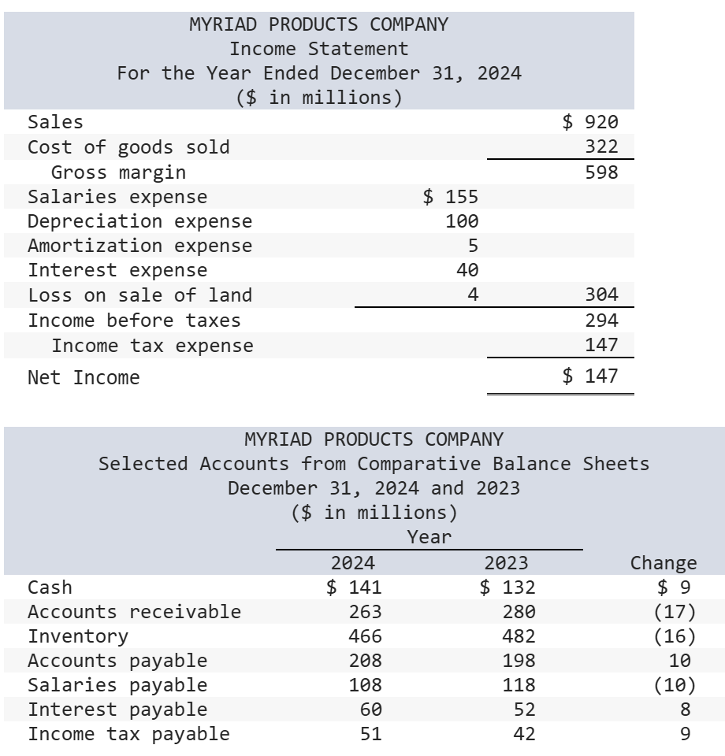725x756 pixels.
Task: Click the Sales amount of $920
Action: pyautogui.click(x=590, y=122)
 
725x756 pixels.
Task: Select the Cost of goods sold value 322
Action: pyautogui.click(x=601, y=147)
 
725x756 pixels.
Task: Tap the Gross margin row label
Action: pyautogui.click(x=118, y=172)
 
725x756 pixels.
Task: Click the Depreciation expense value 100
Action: pyautogui.click(x=462, y=221)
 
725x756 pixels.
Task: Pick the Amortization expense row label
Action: pyautogui.click(x=140, y=246)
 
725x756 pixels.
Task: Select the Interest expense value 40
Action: pyautogui.click(x=467, y=271)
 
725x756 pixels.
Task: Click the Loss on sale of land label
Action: pyautogui.click(x=140, y=295)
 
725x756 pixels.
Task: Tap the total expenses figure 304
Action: pyautogui.click(x=601, y=295)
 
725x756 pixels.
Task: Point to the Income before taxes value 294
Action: pyautogui.click(x=601, y=321)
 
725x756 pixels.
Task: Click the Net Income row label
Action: pyautogui.click(x=84, y=378)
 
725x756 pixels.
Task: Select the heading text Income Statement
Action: pyautogui.click(x=318, y=49)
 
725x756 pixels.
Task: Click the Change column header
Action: pyautogui.click(x=664, y=562)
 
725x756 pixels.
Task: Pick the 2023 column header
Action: pyautogui.click(x=506, y=562)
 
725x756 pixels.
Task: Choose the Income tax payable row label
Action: pyautogui.click(x=129, y=734)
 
